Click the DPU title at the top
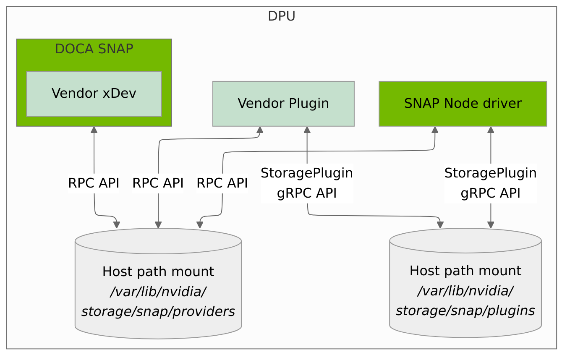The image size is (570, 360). (x=281, y=16)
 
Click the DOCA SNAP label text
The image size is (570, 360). (x=94, y=49)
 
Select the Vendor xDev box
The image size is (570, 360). (x=94, y=93)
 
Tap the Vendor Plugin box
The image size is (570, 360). (x=283, y=103)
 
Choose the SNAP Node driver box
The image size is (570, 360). (x=463, y=103)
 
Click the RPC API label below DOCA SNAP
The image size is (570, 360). (x=94, y=183)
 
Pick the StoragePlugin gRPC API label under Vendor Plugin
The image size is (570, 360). (x=307, y=183)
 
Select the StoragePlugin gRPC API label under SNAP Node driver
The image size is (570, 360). (x=490, y=183)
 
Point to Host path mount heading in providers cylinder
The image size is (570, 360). (x=158, y=271)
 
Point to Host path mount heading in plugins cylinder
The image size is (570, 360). (x=465, y=271)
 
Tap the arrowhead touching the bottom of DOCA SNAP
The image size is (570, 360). (x=94, y=130)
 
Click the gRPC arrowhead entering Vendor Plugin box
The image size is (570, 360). (x=307, y=130)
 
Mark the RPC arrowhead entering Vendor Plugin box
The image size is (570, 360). (x=260, y=130)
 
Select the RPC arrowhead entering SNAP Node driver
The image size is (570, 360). (x=435, y=130)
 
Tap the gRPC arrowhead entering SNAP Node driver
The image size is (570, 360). (x=490, y=130)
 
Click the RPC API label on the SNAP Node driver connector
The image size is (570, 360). (x=222, y=183)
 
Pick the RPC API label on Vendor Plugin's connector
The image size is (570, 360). (x=158, y=183)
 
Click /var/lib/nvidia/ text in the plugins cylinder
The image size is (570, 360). (x=465, y=290)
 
